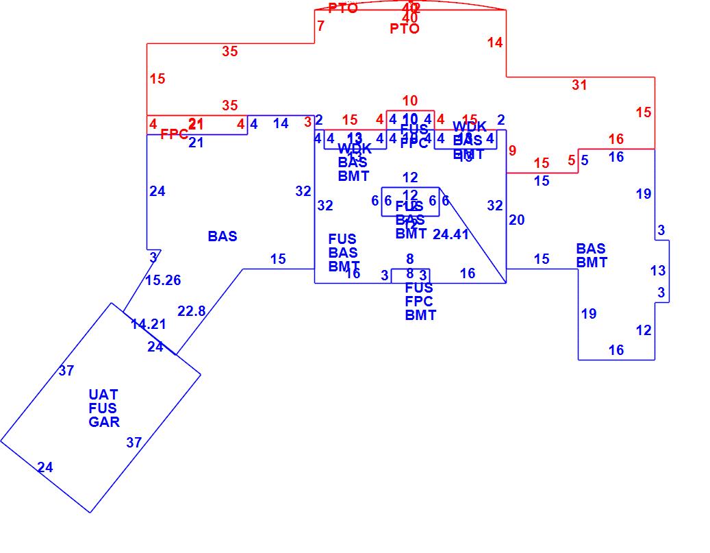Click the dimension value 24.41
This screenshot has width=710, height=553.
click(451, 234)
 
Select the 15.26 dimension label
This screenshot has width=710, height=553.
click(163, 280)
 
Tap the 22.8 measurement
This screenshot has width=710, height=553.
click(192, 311)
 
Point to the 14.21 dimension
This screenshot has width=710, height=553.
click(149, 324)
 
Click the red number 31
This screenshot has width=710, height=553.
click(580, 85)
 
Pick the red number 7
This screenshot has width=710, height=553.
click(320, 26)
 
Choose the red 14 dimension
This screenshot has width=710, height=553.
click(495, 42)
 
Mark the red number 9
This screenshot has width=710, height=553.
click(512, 151)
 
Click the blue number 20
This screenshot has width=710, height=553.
click(517, 220)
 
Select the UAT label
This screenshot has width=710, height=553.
click(103, 395)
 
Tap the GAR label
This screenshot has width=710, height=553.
click(104, 422)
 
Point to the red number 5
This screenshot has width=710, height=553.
click(572, 161)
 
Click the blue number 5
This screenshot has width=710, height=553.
click(585, 161)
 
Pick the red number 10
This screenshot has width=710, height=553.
click(409, 101)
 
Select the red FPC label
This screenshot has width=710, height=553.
click(175, 135)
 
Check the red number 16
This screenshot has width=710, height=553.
click(616, 140)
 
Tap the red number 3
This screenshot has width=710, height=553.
click(308, 122)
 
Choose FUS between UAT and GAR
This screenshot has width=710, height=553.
click(103, 408)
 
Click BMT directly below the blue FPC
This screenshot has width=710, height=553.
click(420, 315)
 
